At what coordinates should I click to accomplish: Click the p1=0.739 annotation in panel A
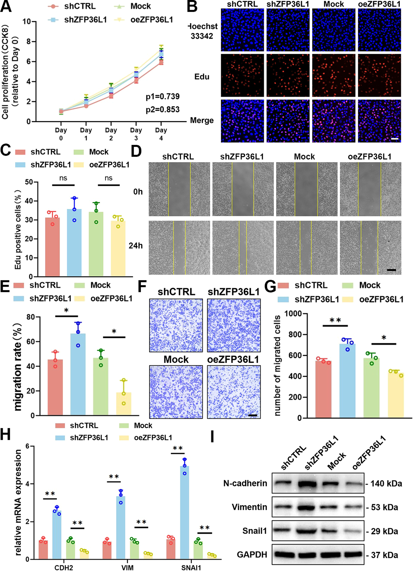163,96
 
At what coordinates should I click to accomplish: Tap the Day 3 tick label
136,134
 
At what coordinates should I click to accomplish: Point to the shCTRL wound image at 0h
179,189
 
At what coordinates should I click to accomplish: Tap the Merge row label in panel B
202,120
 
